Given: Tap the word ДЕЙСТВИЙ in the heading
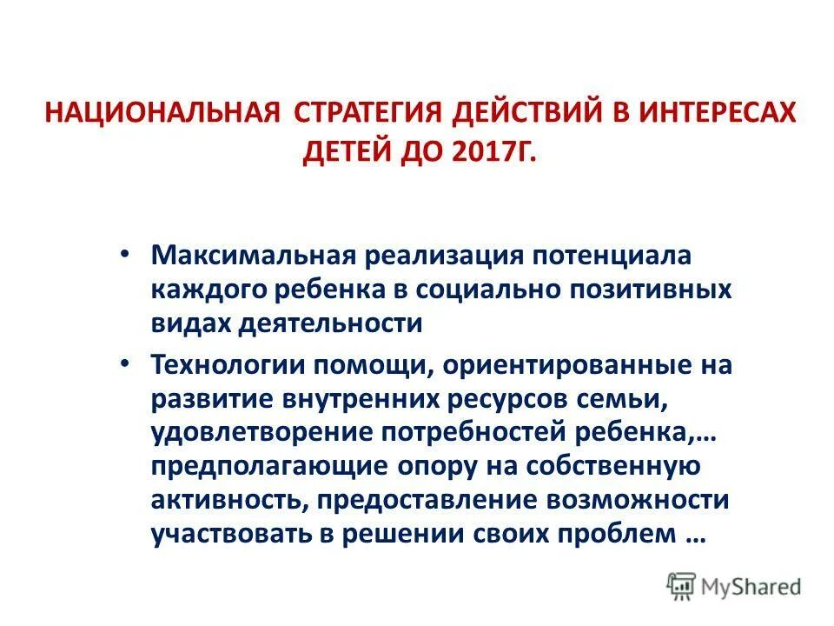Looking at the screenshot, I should point(533,114).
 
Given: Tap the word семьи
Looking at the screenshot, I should point(623,399).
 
